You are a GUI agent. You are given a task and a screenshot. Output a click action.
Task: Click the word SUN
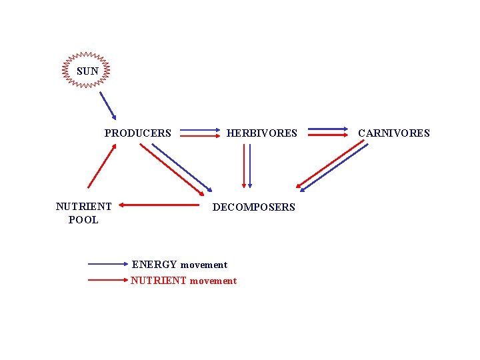87,71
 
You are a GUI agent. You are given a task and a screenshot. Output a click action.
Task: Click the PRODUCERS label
137,133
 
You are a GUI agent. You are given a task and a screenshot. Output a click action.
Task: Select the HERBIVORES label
261,133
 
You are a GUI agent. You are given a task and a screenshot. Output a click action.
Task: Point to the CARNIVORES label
394,133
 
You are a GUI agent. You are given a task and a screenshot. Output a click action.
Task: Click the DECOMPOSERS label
253,207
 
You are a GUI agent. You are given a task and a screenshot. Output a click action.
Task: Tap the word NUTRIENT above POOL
83,207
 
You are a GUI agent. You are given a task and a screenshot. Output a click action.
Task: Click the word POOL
83,219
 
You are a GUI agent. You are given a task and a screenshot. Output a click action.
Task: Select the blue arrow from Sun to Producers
107,105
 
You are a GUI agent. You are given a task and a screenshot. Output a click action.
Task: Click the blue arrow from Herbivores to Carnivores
327,128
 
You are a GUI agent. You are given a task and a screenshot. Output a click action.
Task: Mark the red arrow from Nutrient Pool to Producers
101,167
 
